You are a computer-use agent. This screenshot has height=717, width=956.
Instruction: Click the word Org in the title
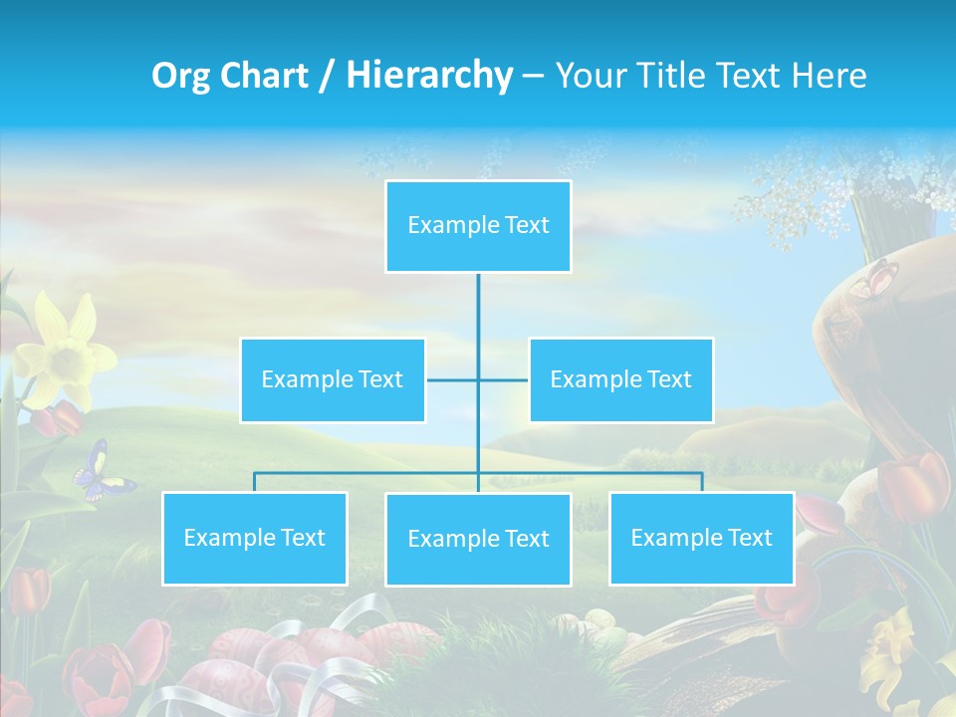[x=180, y=76]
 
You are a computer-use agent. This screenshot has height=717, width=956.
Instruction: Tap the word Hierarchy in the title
[x=429, y=76]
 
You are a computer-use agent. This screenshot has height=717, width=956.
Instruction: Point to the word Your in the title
[x=588, y=76]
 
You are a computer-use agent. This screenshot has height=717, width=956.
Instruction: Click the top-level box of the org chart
[x=478, y=226]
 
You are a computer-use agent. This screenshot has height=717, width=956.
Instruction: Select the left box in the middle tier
[x=333, y=379]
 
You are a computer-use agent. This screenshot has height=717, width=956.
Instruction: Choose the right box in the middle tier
[x=620, y=379]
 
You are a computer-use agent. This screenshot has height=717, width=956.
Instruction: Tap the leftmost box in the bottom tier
[x=254, y=538]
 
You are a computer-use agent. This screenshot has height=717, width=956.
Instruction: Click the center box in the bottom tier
[x=478, y=539]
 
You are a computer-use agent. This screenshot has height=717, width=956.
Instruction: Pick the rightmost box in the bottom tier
[x=701, y=538]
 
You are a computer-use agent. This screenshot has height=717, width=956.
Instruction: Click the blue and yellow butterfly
[x=101, y=472]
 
